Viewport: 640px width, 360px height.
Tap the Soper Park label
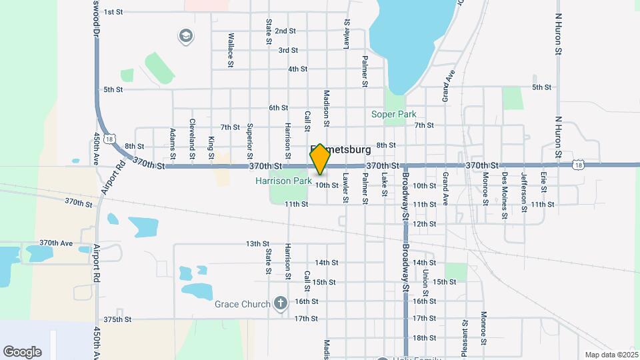(x=393, y=114)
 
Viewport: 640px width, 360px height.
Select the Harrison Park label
(x=283, y=181)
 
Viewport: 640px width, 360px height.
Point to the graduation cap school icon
(x=185, y=35)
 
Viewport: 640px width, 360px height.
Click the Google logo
(x=22, y=352)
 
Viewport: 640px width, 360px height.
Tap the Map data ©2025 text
(x=610, y=355)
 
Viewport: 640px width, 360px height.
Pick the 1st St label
(x=113, y=12)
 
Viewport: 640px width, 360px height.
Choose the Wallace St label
(x=231, y=49)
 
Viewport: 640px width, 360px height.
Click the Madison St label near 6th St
(x=327, y=108)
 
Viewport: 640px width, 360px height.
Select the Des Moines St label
(x=505, y=187)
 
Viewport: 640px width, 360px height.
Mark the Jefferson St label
(x=524, y=187)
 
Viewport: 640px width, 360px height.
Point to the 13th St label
(x=257, y=244)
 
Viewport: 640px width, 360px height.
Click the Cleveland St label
(x=192, y=133)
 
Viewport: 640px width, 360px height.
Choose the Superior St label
(x=250, y=136)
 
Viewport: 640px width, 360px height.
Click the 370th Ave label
(x=56, y=243)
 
